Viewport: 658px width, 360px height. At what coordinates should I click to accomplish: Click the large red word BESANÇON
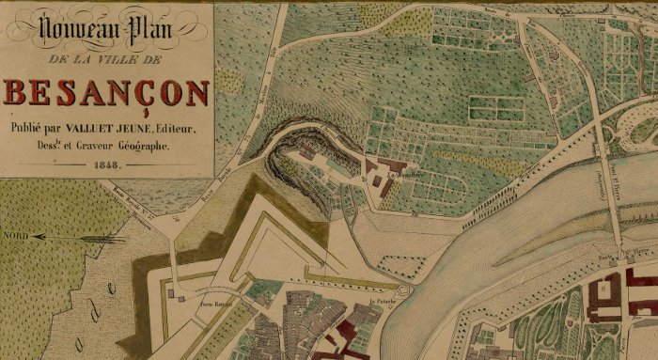[x=107, y=94]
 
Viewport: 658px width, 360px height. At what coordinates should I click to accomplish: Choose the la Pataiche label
[x=381, y=301]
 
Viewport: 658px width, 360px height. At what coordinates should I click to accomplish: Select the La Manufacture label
[x=404, y=172]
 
